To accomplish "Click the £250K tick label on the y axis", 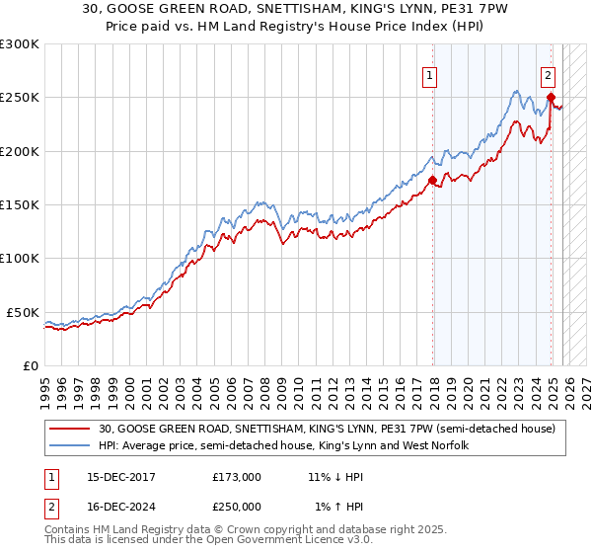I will (x=20, y=98).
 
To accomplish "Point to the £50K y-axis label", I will (x=23, y=312).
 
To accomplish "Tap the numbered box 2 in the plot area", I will (x=548, y=73).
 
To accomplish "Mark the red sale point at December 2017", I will (x=432, y=180).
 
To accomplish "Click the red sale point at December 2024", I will (x=551, y=97).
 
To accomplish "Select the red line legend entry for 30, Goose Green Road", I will (x=327, y=429).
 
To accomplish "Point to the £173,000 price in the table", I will (x=237, y=477).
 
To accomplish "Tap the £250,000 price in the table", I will (x=237, y=506).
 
